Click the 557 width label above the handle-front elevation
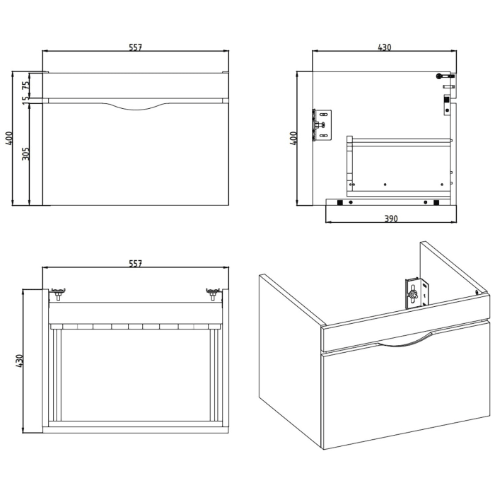(136, 47)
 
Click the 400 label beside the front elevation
(9, 139)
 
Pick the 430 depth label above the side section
(384, 47)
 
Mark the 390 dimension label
(391, 219)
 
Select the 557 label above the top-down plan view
(136, 264)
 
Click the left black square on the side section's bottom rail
(341, 203)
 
